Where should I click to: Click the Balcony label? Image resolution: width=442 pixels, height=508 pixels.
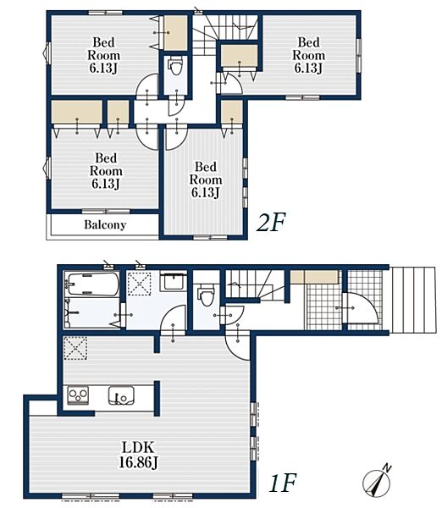point(105,225)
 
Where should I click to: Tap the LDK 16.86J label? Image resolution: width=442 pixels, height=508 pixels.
point(138,455)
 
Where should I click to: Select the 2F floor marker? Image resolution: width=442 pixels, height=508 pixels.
point(271,222)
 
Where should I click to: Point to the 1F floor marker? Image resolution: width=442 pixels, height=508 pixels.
point(283,483)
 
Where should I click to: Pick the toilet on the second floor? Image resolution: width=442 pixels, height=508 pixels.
point(175,65)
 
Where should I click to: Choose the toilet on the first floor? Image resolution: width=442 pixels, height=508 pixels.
point(206,295)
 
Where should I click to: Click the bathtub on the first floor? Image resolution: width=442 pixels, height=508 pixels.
point(92,284)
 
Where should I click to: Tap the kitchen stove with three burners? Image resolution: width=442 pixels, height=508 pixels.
point(78,395)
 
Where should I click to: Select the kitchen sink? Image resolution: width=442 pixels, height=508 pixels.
point(121,395)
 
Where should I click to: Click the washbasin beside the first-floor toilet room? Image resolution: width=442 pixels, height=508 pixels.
point(174,282)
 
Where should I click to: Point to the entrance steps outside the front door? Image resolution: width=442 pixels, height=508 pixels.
point(413,300)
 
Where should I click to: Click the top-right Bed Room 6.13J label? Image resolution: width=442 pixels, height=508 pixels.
point(309,55)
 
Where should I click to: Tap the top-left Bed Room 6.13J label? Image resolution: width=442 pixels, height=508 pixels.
point(103,55)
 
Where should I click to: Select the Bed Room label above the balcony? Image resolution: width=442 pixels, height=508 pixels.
point(106,171)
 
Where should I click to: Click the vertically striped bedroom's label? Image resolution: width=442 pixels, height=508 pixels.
point(206,179)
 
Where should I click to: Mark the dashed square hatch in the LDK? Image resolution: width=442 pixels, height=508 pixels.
point(75,348)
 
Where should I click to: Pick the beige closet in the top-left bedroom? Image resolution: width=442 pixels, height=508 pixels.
point(175,33)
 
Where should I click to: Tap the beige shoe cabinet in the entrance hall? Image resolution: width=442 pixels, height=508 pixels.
point(314,277)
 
